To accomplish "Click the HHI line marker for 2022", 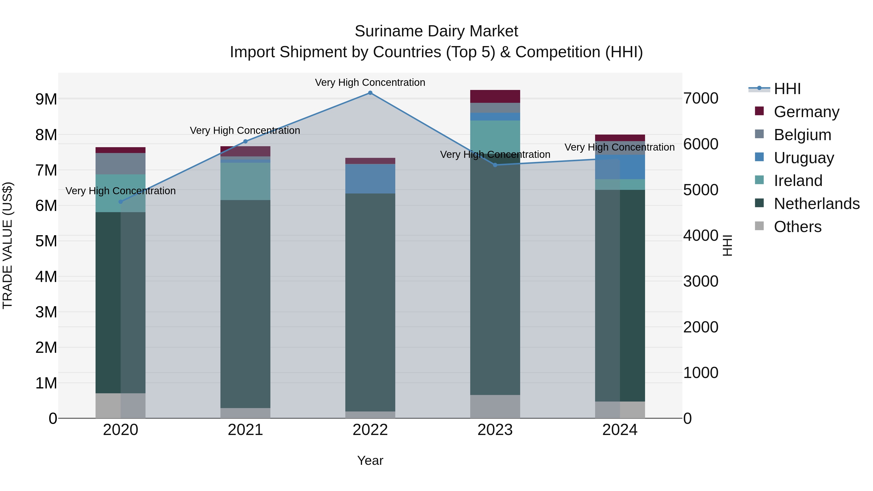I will coord(370,93).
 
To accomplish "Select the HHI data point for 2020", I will coord(121,202).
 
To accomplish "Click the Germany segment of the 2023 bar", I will coord(495,96).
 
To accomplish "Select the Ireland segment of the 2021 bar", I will coord(245,181).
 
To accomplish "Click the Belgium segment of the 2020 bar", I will coord(121,164).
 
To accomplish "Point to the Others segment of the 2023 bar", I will coord(495,406).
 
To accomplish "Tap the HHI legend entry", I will coord(787,89).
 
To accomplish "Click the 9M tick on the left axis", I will coord(46,99).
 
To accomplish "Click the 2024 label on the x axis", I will coord(620,430).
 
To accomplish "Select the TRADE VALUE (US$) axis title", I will coord(8,245).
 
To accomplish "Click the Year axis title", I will coord(370,460).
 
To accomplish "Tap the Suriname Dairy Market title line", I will coord(436,31).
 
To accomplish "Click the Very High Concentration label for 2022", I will coord(370,82).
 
